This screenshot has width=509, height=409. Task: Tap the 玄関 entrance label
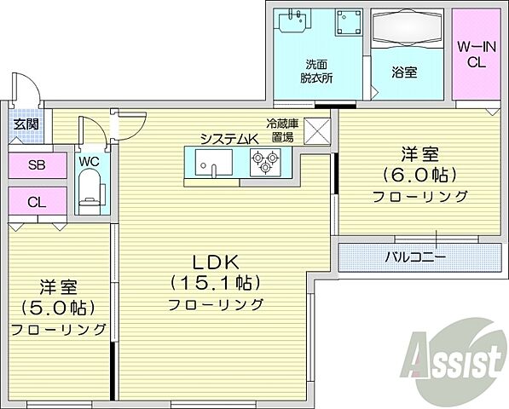[24, 124]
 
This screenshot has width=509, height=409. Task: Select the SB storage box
[37, 165]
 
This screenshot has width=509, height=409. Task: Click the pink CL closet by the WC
[37, 202]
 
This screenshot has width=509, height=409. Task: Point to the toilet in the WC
[89, 189]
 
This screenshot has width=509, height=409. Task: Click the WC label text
[89, 160]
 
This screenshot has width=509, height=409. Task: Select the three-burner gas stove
[265, 161]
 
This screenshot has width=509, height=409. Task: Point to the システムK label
[227, 139]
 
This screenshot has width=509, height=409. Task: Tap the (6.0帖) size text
[419, 175]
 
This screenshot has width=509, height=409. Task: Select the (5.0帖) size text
[59, 307]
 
